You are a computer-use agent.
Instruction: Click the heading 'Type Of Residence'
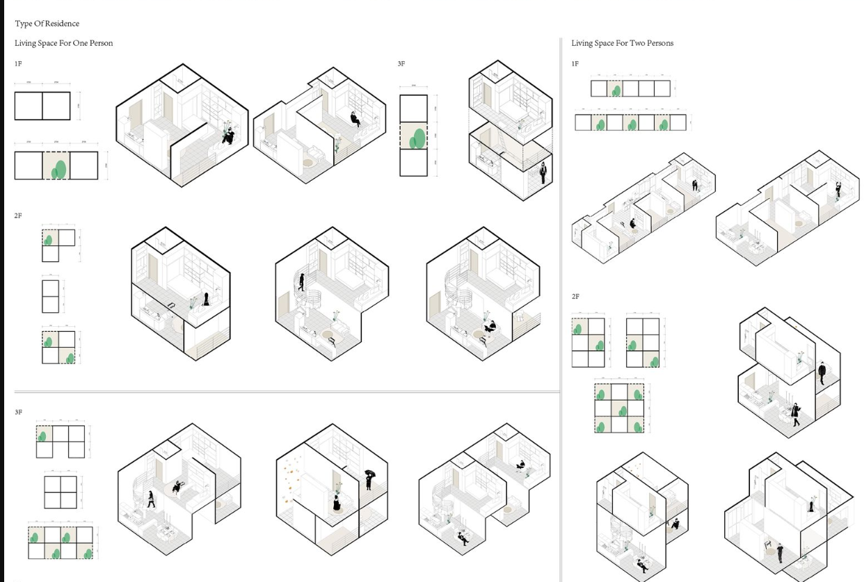47,24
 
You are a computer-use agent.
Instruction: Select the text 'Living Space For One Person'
63,43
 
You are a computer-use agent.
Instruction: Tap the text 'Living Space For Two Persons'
622,43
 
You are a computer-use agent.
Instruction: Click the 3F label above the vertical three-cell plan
401,64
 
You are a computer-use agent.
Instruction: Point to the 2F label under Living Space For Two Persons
575,297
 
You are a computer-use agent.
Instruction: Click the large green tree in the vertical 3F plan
418,138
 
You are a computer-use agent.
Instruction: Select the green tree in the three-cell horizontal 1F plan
59,168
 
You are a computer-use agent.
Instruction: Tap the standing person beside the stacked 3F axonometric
543,173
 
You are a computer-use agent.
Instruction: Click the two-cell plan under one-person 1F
42,106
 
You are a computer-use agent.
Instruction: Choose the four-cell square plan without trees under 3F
61,492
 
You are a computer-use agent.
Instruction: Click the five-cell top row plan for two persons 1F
630,88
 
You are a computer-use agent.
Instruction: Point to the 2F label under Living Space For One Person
18,216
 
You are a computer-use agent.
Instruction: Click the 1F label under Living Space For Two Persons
575,64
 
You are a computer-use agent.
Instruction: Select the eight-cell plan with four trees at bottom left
61,543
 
